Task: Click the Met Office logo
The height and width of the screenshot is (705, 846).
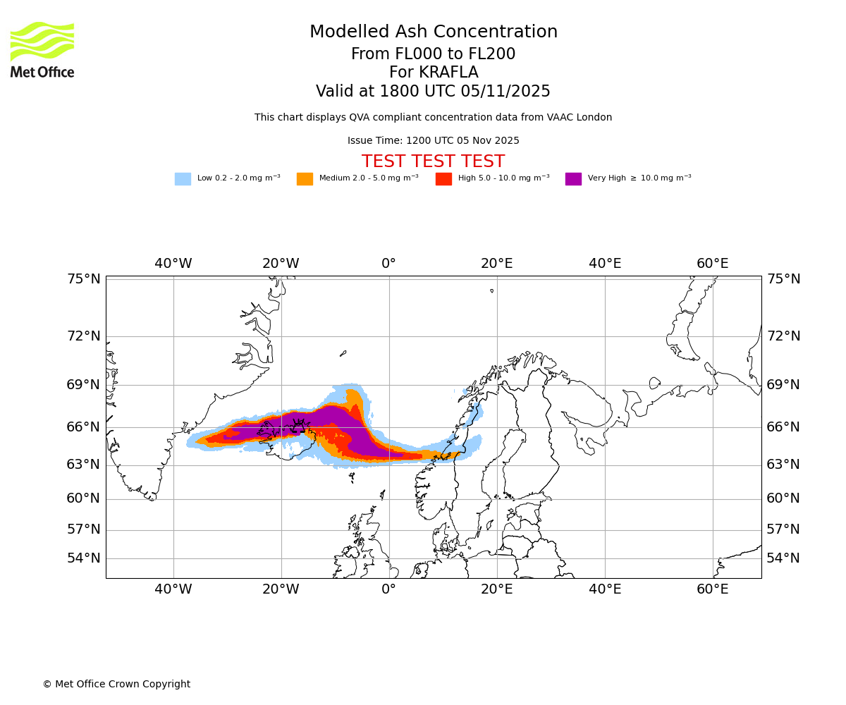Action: pos(42,49)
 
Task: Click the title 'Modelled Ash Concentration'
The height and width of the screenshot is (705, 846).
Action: pos(433,32)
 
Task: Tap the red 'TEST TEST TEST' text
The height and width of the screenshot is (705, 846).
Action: pos(433,161)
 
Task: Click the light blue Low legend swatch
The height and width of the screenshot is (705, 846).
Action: pos(183,179)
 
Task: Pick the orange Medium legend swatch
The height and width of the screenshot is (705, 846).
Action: pos(305,179)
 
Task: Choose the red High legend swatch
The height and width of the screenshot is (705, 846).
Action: pos(443,179)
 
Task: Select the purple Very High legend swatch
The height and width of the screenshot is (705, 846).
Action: pos(573,179)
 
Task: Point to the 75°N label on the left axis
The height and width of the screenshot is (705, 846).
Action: pos(84,279)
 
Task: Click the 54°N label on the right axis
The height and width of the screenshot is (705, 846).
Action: pos(783,558)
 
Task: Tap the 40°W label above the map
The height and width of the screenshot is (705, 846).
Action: pos(173,264)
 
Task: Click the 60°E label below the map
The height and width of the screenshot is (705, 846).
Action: pos(713,589)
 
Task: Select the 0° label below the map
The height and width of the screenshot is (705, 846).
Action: pos(388,589)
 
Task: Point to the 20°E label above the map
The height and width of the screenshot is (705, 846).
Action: pos(496,264)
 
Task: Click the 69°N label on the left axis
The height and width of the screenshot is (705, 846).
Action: pos(84,385)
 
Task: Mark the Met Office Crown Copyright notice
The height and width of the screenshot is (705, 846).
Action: pos(116,684)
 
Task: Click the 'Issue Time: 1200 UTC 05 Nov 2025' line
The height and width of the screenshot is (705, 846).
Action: pos(433,141)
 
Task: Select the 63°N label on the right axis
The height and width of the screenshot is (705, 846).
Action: pos(783,465)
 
